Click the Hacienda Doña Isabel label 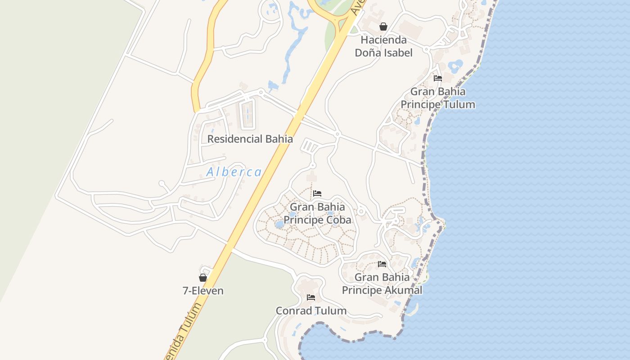click(x=383, y=46)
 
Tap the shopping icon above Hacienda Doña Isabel click(x=383, y=27)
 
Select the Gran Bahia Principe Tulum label click(x=437, y=98)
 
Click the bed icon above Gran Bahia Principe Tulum click(x=437, y=78)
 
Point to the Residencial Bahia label click(x=250, y=139)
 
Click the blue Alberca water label click(x=234, y=172)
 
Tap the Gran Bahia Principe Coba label click(x=317, y=214)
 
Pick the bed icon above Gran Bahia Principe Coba click(x=317, y=194)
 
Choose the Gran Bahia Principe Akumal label click(x=382, y=283)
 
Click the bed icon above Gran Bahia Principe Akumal click(x=382, y=264)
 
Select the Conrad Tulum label click(x=311, y=310)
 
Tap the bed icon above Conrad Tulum click(x=311, y=297)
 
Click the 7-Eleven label click(x=203, y=291)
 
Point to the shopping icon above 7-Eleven click(x=203, y=278)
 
